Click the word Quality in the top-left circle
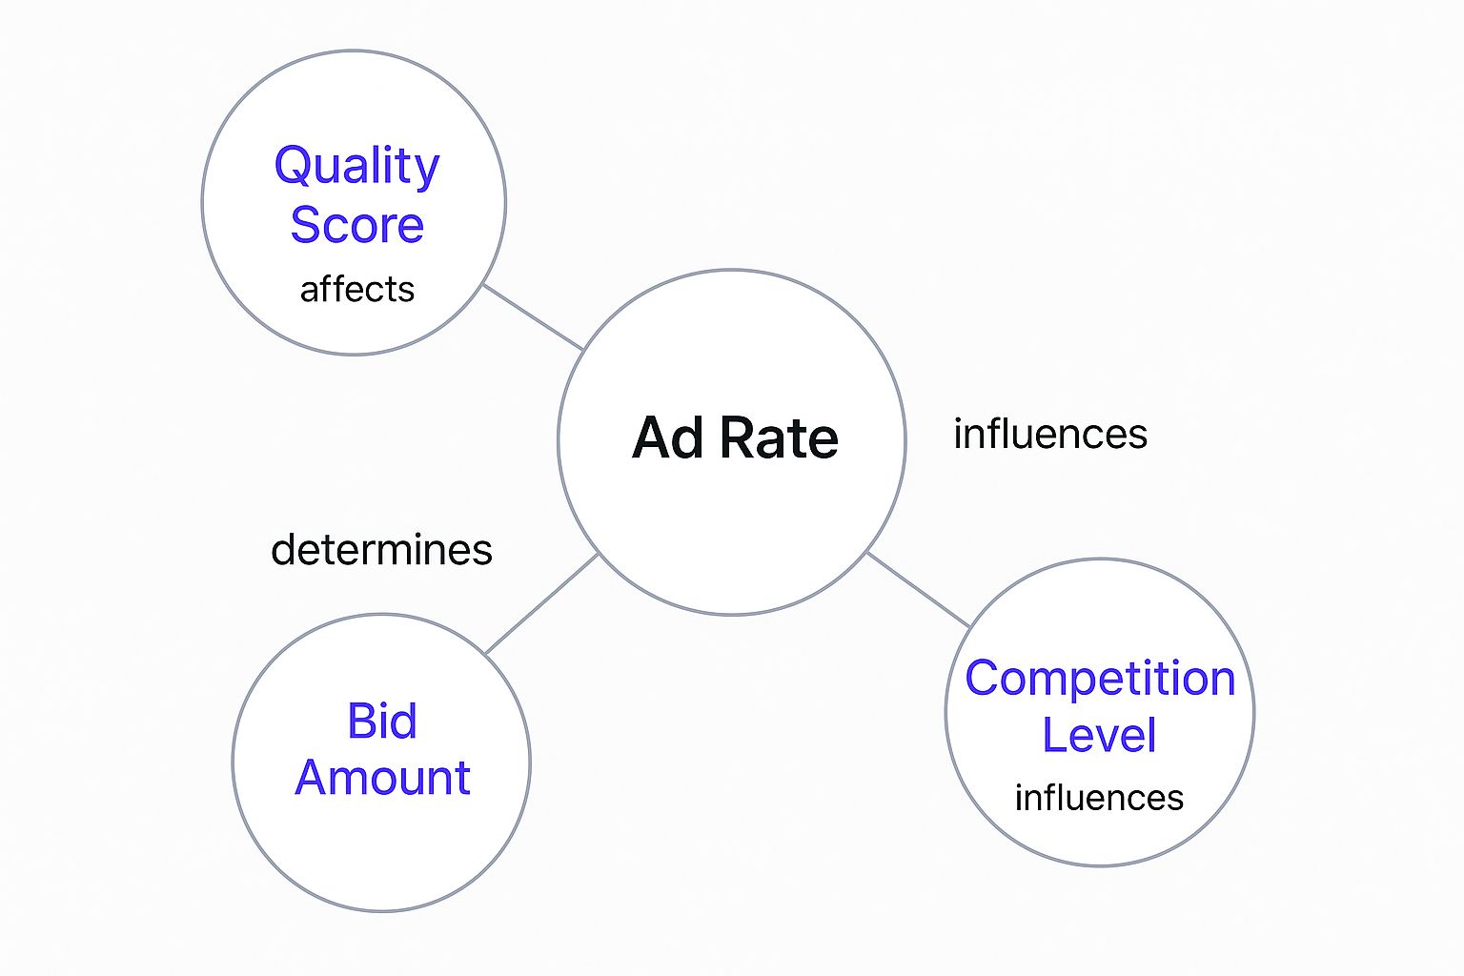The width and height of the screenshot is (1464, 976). (x=356, y=168)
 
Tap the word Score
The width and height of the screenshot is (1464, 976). (x=356, y=224)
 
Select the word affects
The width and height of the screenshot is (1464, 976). (x=356, y=289)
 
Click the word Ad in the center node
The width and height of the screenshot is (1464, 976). (x=668, y=437)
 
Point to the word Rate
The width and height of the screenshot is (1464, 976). (x=779, y=437)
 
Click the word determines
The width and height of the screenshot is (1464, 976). (x=381, y=549)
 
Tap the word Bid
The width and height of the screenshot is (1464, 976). (x=382, y=722)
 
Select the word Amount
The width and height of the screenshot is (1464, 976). (x=382, y=777)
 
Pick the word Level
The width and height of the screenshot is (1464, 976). (x=1099, y=734)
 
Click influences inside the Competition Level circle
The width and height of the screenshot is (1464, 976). (x=1099, y=798)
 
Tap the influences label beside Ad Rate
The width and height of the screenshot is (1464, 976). (x=1050, y=434)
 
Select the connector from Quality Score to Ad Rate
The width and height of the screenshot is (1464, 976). (x=534, y=317)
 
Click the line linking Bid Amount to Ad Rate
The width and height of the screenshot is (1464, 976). (x=541, y=603)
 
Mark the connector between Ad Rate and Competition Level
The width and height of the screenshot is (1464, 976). (x=918, y=590)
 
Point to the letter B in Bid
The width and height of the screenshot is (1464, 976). (x=361, y=722)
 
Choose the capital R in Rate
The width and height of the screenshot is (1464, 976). (x=737, y=437)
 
